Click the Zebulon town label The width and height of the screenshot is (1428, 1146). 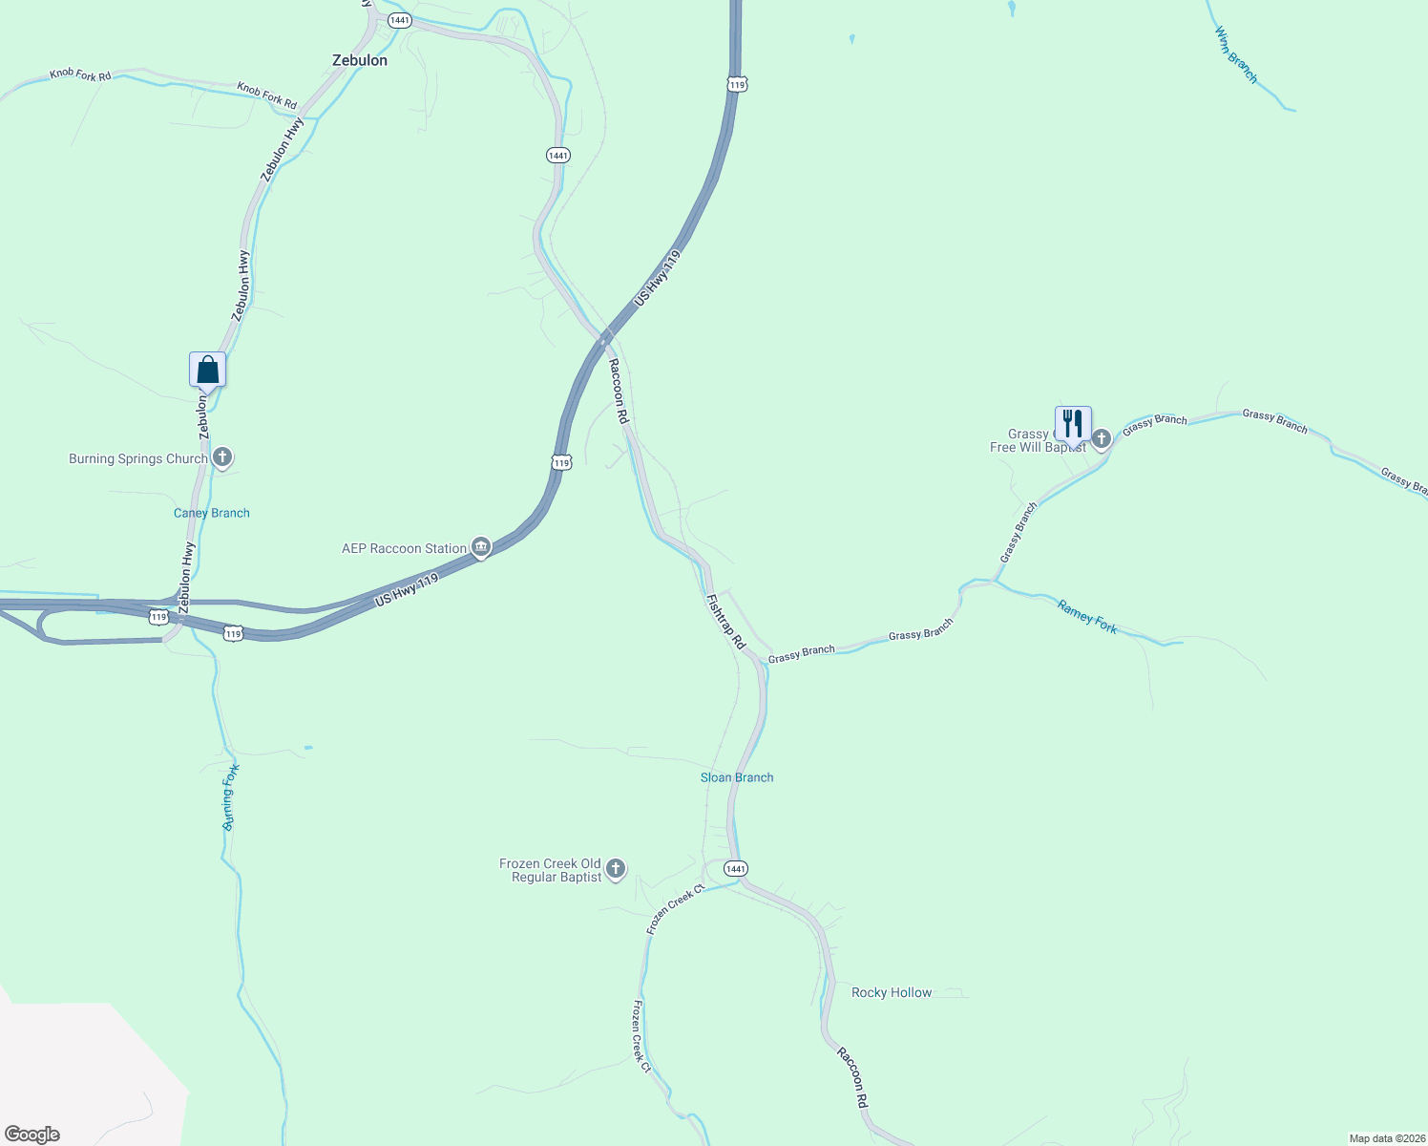(x=360, y=60)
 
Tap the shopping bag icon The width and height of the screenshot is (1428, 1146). (x=207, y=370)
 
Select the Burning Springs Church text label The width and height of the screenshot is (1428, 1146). (x=137, y=459)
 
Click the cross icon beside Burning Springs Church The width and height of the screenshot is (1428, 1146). (x=222, y=457)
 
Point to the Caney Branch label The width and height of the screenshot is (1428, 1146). (x=212, y=513)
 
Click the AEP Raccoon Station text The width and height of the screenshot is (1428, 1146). (x=404, y=548)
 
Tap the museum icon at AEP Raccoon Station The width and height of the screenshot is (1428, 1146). (x=481, y=547)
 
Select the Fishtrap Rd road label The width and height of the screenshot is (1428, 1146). (x=725, y=622)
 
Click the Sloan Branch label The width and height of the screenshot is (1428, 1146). (x=737, y=777)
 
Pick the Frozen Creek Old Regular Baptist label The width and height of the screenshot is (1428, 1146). (x=551, y=870)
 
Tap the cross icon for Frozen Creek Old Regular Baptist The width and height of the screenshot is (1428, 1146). (x=616, y=869)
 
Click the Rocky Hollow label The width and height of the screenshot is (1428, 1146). (x=892, y=993)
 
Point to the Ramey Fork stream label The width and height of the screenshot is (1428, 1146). (x=1087, y=616)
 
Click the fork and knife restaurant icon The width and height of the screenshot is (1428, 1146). (x=1073, y=423)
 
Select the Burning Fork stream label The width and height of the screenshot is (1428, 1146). (x=230, y=797)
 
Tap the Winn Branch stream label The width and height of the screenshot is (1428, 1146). (x=1236, y=54)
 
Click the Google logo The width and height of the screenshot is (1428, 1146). (x=32, y=1135)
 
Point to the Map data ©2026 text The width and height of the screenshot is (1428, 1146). (x=1386, y=1138)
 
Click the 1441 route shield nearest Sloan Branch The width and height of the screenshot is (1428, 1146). (x=735, y=868)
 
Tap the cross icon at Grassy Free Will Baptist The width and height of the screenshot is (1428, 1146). (x=1102, y=438)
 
